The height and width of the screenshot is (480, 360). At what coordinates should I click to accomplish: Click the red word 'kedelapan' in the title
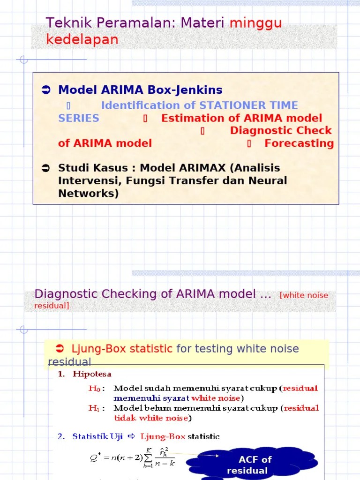[82, 40]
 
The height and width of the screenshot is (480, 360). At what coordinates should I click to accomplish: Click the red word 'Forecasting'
[299, 143]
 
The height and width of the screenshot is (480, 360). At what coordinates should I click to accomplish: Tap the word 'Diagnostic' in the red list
[260, 131]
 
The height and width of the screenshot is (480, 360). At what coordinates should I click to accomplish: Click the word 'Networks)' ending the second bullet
[88, 193]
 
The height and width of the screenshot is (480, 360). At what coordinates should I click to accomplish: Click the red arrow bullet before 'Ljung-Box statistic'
[60, 349]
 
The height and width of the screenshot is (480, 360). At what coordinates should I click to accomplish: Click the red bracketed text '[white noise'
[304, 295]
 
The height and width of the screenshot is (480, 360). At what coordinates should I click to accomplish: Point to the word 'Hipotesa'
[92, 374]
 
